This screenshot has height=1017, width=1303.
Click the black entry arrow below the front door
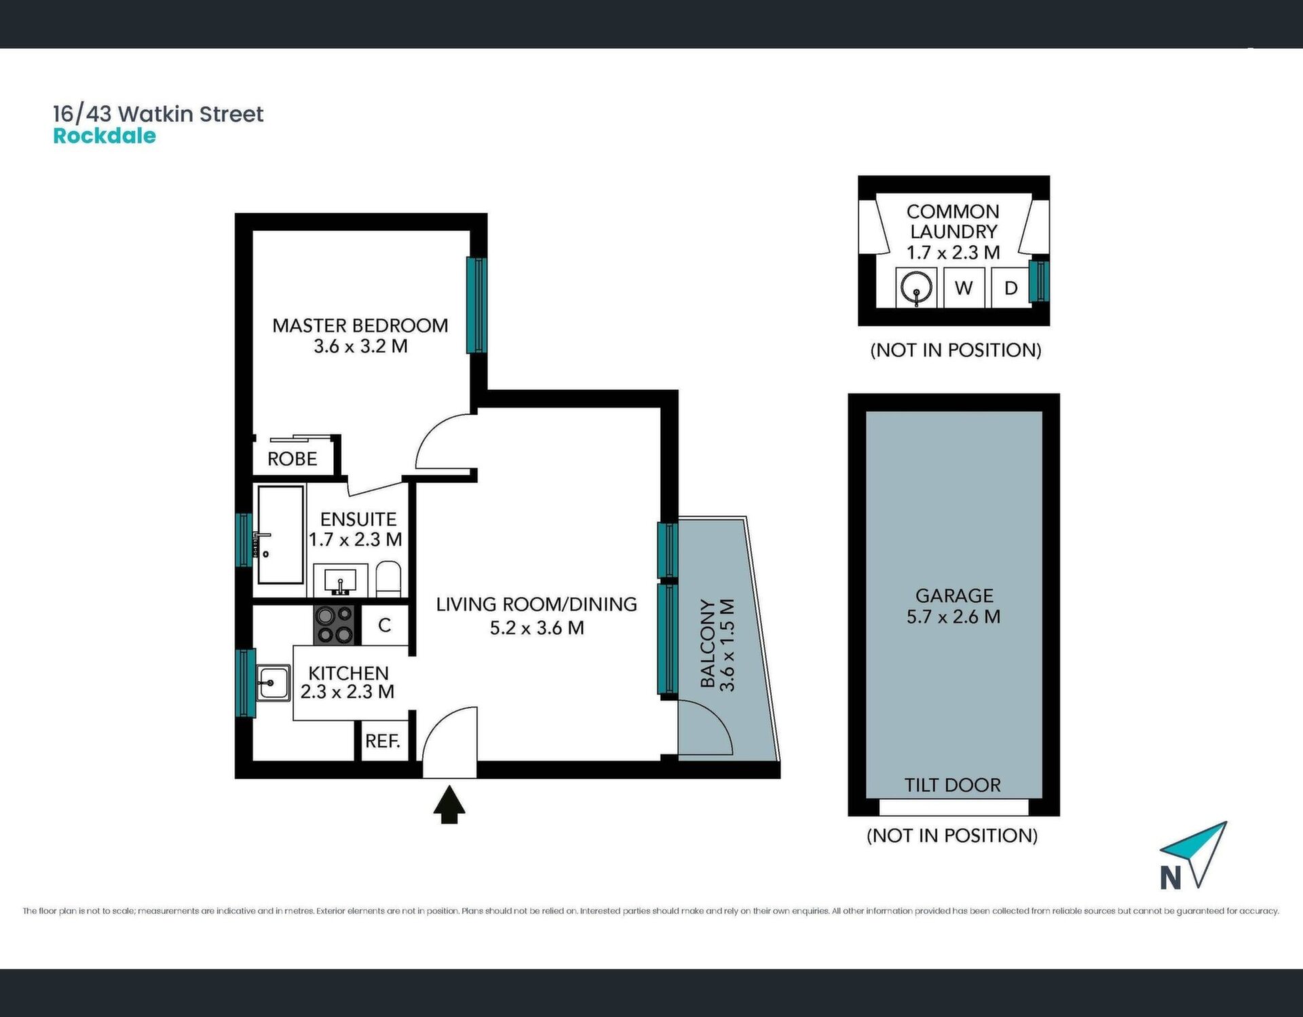[x=449, y=804]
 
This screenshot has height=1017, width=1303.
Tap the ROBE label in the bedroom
[x=292, y=459]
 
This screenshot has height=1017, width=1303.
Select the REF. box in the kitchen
[x=383, y=741]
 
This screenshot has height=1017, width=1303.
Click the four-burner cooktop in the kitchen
[x=335, y=625]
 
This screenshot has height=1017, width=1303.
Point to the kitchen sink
[x=273, y=682]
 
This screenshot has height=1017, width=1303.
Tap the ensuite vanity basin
[x=341, y=581]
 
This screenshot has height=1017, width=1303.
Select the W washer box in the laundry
[x=964, y=288]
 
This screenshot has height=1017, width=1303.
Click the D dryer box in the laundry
[x=1011, y=288]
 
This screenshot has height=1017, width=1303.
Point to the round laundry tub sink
[x=916, y=288]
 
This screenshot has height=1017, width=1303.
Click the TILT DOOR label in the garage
[x=953, y=785]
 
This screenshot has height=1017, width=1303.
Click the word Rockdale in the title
[x=105, y=136]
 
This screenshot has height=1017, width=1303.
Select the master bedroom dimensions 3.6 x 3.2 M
[x=360, y=346]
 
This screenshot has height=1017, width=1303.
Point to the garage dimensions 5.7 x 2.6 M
[x=953, y=617]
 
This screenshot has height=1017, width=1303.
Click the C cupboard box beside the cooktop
[x=385, y=625]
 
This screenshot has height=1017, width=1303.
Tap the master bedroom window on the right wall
[x=476, y=305]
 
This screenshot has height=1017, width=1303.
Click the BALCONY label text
[x=708, y=644]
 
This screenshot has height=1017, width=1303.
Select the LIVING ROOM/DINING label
[x=536, y=605]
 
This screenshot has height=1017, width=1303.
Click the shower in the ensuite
[x=280, y=535]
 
